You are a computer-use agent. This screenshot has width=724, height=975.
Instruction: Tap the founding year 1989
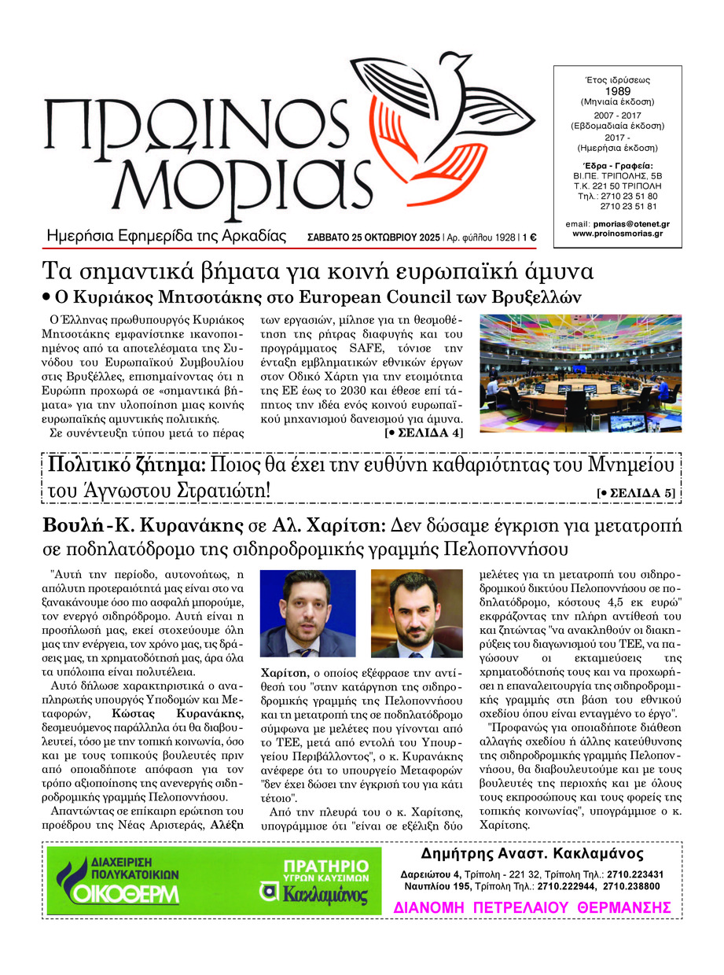coord(616,90)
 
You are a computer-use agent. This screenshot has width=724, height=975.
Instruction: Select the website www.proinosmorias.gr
coord(616,234)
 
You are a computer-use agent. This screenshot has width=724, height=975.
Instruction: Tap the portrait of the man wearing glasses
coord(307,613)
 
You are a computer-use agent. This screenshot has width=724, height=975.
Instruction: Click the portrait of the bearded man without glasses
coord(416,613)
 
